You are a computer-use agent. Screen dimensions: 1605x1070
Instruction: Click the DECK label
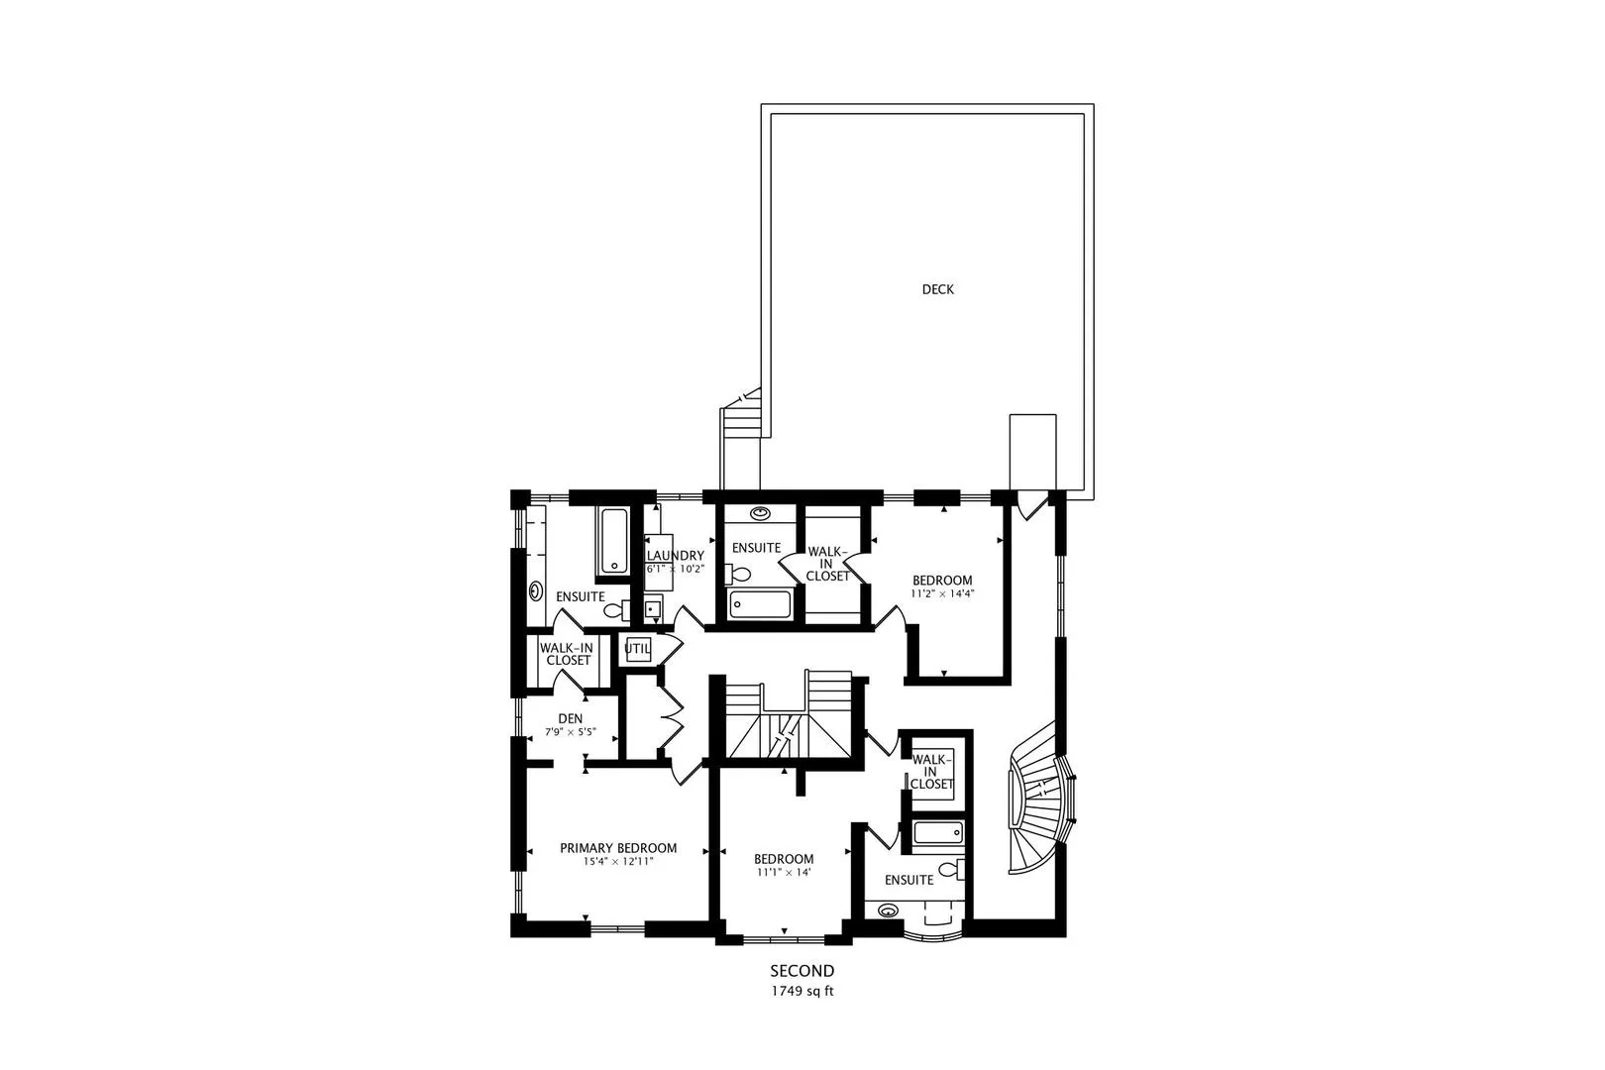[937, 289]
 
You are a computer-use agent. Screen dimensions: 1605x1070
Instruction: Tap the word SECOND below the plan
[802, 971]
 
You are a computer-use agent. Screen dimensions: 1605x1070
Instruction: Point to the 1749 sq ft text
[802, 992]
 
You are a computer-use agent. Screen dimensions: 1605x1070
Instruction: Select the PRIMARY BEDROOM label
[618, 848]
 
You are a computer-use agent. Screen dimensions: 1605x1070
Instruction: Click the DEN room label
[571, 719]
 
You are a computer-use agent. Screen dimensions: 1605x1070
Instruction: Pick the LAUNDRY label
[675, 556]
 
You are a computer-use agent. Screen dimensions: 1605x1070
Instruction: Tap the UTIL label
[637, 649]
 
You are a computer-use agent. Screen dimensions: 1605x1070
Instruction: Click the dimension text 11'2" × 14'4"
[942, 593]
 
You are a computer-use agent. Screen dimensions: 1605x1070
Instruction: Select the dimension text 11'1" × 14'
[783, 872]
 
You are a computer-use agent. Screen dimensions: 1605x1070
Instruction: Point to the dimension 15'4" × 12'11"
[618, 861]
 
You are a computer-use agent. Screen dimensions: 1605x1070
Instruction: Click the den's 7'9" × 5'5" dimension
[571, 733]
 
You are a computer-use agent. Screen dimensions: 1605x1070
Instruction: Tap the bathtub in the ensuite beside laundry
[613, 540]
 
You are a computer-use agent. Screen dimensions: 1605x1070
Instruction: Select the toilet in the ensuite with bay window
[952, 869]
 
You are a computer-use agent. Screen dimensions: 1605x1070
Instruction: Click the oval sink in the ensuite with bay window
[889, 910]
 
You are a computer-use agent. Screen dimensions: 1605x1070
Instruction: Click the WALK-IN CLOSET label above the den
[566, 654]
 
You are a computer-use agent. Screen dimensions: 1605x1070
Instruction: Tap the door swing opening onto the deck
[1031, 505]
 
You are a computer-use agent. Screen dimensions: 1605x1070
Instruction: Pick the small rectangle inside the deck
[1032, 452]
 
